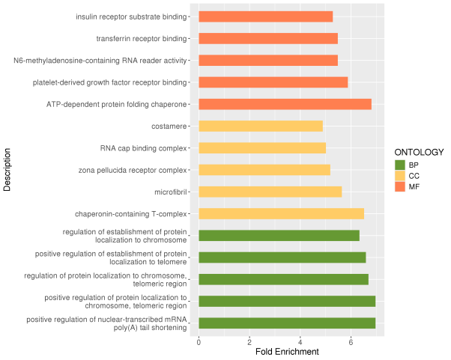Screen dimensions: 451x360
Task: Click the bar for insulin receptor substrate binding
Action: tap(266, 16)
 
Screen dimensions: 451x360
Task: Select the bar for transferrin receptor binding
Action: tap(268, 38)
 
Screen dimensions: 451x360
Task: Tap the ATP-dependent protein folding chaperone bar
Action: tap(285, 104)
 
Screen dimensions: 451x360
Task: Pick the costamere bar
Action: tap(261, 126)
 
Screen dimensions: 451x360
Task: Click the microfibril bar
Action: tap(270, 192)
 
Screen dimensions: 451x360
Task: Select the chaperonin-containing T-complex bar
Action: tap(281, 214)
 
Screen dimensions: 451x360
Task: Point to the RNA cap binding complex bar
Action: tap(262, 148)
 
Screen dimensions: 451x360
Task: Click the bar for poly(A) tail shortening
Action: tap(287, 323)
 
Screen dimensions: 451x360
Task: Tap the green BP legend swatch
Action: tap(400, 165)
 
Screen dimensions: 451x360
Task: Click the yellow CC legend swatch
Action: tap(400, 176)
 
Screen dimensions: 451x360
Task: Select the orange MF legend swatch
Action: tap(400, 187)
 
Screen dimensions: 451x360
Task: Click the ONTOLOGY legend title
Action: tap(419, 152)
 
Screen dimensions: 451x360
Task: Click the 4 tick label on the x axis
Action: tap(300, 342)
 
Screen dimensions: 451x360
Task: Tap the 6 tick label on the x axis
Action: tap(351, 342)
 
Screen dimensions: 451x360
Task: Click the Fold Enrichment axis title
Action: tap(287, 352)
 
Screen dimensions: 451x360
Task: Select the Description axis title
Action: tap(7, 170)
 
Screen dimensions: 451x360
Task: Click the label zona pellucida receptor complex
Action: tap(133, 171)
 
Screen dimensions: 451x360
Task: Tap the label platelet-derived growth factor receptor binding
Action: tap(109, 83)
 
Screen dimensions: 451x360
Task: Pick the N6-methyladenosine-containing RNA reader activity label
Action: tap(100, 61)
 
